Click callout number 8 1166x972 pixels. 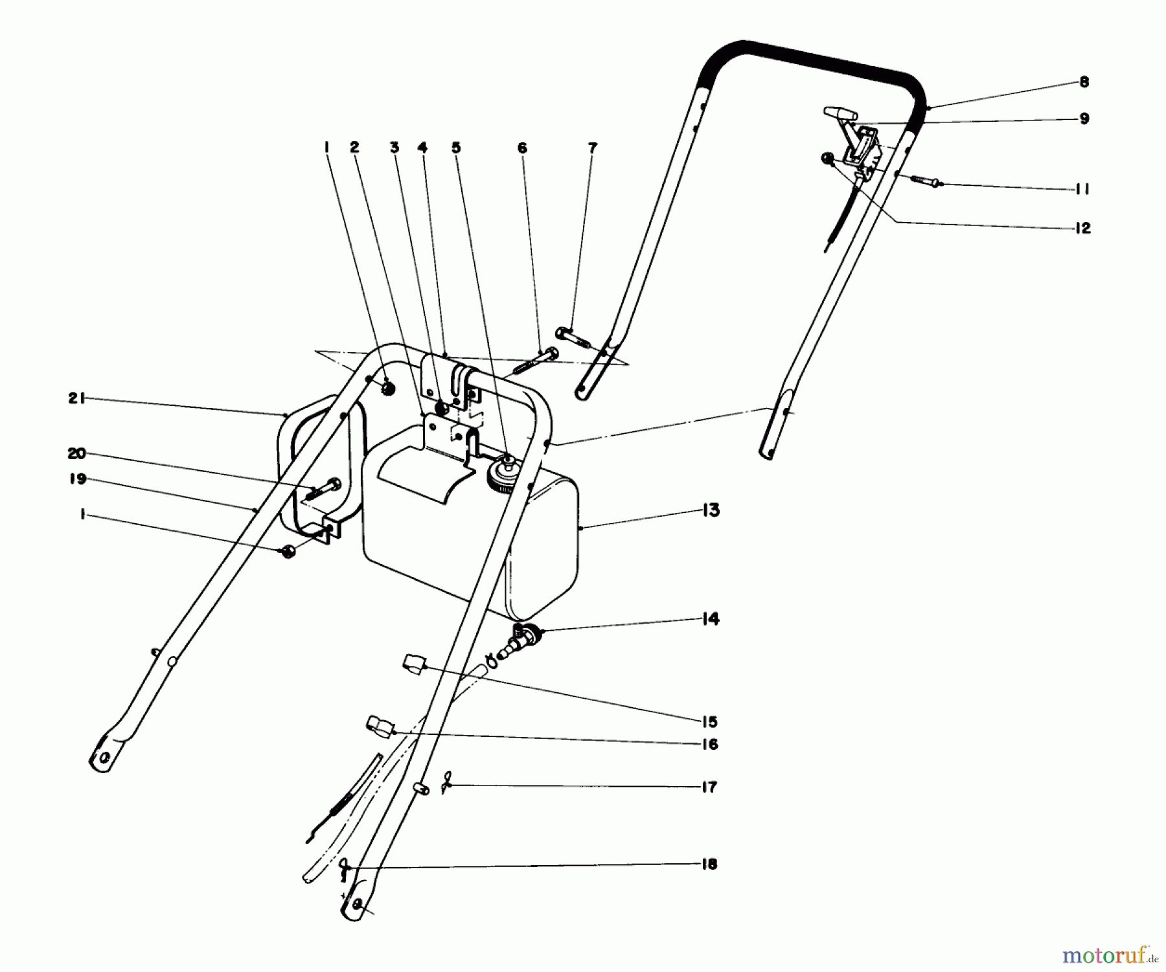coord(1084,82)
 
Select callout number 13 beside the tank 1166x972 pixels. coord(711,510)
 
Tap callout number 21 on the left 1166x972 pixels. coord(76,400)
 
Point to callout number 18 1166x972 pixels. coord(709,865)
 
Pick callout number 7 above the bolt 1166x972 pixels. coord(591,148)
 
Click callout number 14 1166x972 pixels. coord(711,619)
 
